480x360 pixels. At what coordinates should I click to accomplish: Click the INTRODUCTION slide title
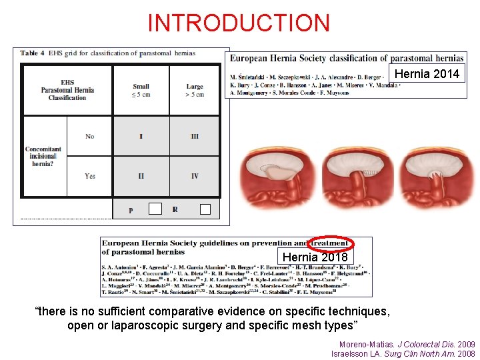point(239,23)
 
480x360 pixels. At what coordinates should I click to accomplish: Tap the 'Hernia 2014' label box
point(427,74)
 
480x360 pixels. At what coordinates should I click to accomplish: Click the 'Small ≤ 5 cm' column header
point(141,90)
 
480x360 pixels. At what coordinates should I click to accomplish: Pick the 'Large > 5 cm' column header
point(195,90)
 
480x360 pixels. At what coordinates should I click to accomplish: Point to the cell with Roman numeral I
point(141,136)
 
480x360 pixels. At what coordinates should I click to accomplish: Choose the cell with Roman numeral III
point(195,136)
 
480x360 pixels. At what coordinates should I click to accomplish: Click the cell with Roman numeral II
point(141,176)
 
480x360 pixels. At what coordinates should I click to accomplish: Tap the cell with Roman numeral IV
point(195,176)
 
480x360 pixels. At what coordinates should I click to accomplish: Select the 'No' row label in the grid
point(90,136)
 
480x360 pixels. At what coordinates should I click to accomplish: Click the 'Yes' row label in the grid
point(90,176)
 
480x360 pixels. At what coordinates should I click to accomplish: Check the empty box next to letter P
point(155,209)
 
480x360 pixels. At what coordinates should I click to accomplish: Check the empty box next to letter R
point(205,209)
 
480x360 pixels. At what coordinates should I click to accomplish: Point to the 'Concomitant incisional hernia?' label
point(43,156)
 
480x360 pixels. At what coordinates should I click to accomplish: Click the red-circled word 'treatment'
point(331,244)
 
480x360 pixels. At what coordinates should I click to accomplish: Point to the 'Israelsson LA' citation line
point(403,353)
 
